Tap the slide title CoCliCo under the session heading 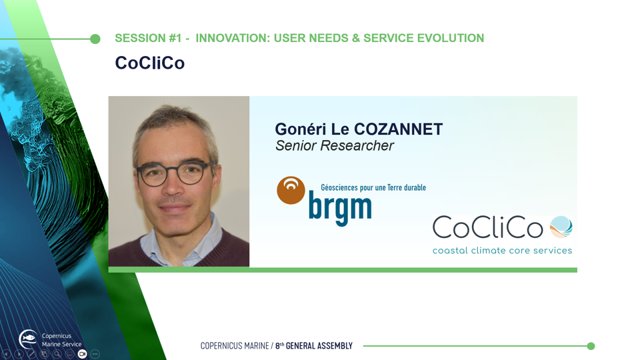coord(150,63)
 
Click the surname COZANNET coord(398,129)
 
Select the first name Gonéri coord(301,129)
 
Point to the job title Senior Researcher coord(334,145)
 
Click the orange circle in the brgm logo coord(291,190)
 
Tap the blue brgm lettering coord(340,208)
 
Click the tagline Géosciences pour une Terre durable coord(373,187)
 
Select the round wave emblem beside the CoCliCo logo coord(561,227)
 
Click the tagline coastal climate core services coord(502,250)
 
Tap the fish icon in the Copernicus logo coord(29,338)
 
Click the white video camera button coord(82,354)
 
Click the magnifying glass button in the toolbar coord(57,354)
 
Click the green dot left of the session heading coord(95,39)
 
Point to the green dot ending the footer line coord(591,346)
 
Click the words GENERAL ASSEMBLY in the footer coord(319,346)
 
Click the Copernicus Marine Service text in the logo coord(61,340)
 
